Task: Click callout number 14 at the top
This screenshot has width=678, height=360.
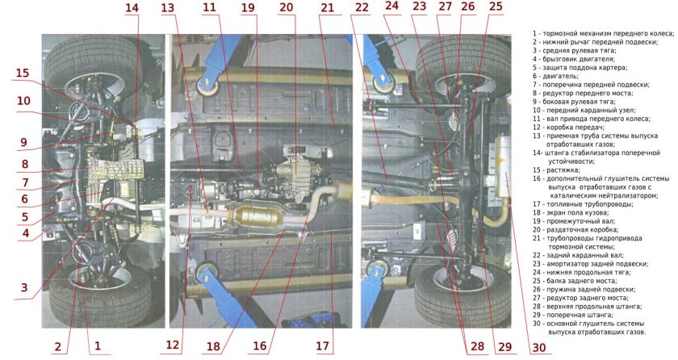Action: [132, 8]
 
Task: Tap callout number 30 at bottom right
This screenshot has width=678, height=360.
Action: [539, 347]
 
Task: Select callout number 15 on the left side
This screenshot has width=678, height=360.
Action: [22, 73]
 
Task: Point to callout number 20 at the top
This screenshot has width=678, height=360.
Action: [287, 7]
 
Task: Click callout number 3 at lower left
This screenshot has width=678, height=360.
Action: [24, 287]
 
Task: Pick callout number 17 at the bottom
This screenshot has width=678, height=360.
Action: [323, 345]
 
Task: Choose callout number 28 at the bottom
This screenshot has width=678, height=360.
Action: [477, 346]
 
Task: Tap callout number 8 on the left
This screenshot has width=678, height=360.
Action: [25, 164]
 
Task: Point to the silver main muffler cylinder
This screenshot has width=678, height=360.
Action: [504, 165]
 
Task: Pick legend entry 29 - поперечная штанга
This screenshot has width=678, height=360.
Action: [573, 315]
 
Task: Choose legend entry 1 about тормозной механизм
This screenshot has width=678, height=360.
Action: [603, 34]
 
